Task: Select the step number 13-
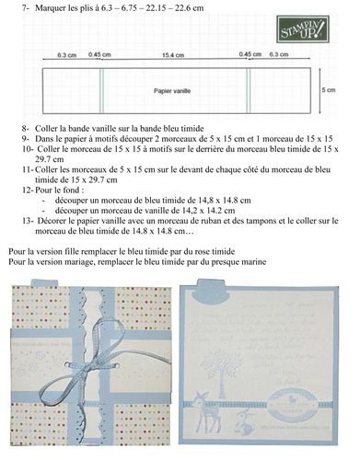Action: (x=24, y=221)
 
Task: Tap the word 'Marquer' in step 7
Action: (x=49, y=6)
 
